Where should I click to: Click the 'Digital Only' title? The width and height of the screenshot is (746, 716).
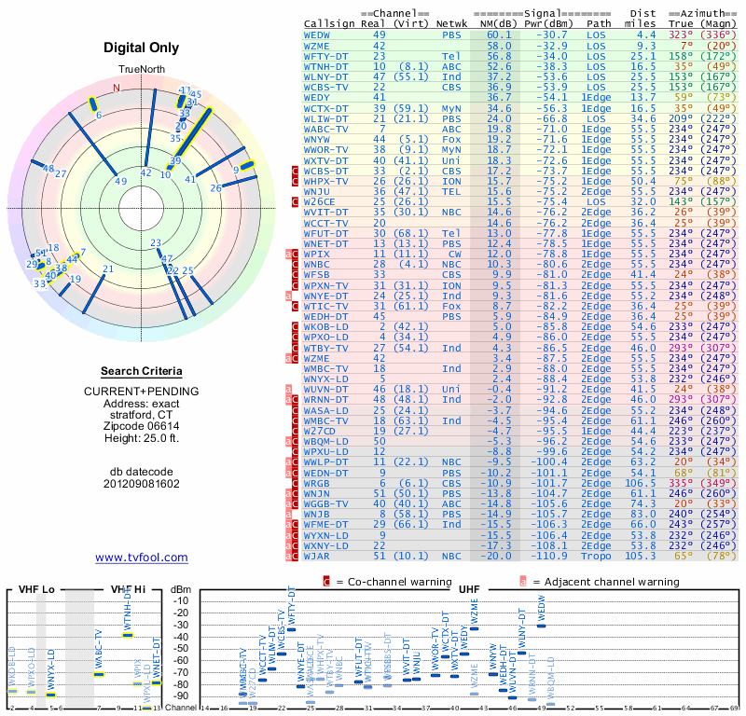(x=142, y=48)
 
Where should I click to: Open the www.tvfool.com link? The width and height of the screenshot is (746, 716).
(x=142, y=558)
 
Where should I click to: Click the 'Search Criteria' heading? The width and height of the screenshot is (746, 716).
(x=141, y=371)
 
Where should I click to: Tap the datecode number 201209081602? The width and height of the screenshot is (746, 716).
(x=142, y=484)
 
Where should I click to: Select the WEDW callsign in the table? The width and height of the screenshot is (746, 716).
(x=317, y=34)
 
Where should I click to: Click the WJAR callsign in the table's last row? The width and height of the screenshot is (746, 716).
(x=316, y=556)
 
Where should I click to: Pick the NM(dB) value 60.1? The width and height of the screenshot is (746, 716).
(x=498, y=34)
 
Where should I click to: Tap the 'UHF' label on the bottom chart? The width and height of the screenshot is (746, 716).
(x=470, y=590)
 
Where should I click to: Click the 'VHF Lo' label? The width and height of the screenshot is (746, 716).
(x=29, y=590)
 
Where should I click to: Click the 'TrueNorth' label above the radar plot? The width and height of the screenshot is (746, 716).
(x=141, y=71)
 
